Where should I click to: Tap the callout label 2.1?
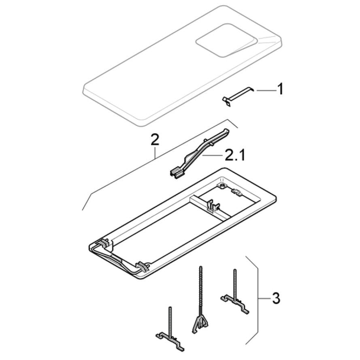[234, 155]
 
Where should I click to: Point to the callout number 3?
[276, 298]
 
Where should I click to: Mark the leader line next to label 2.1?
[211, 156]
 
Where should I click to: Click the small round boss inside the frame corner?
[222, 185]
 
